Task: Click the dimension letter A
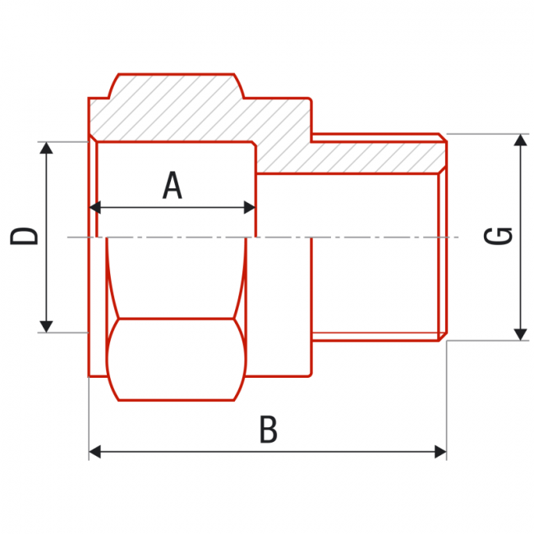pyautogui.click(x=172, y=186)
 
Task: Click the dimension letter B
pyautogui.click(x=268, y=430)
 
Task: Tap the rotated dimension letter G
pyautogui.click(x=499, y=236)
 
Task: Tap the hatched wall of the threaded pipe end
pyautogui.click(x=370, y=156)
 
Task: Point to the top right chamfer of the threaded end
pyautogui.click(x=443, y=137)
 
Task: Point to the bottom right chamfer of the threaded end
pyautogui.click(x=443, y=337)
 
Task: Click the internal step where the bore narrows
pyautogui.click(x=255, y=160)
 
